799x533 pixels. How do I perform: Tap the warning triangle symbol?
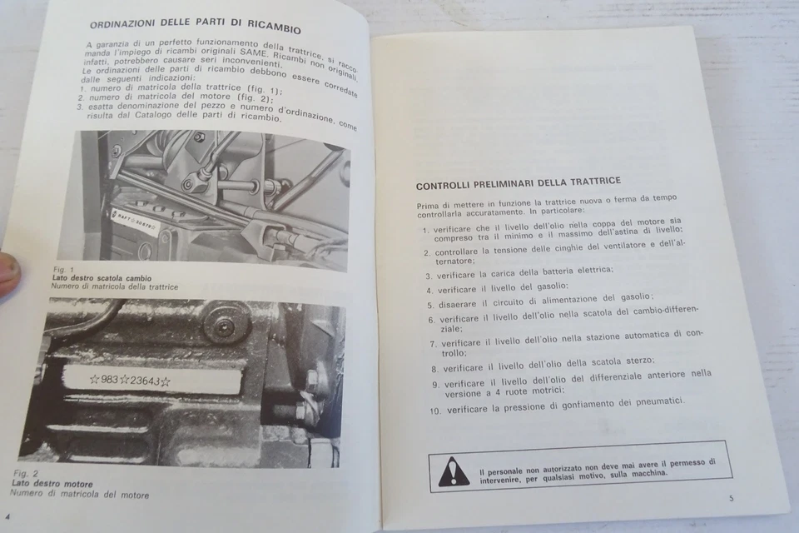[454, 471]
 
